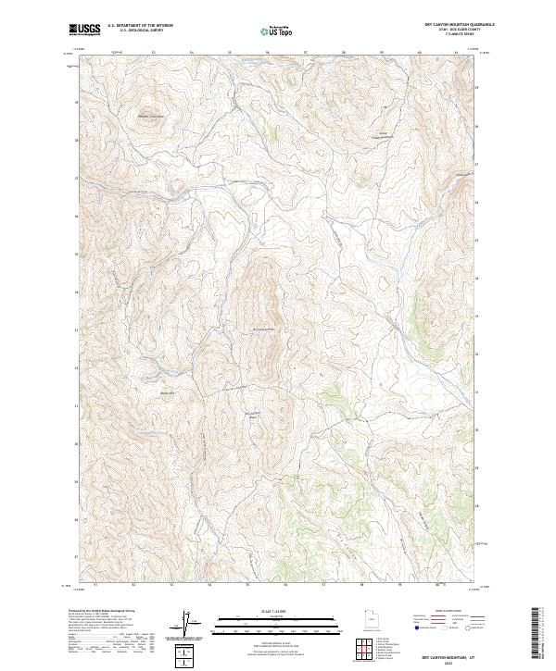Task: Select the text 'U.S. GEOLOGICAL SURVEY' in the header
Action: tap(134, 31)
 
